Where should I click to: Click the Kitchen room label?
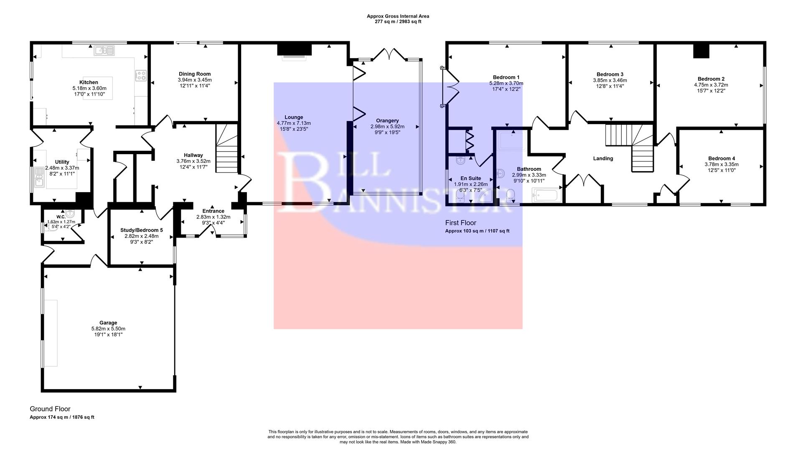point(89,82)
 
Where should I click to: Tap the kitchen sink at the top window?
point(104,51)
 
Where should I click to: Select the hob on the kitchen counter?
point(141,75)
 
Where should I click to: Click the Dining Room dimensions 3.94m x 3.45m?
point(195,80)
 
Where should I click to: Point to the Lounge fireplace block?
point(295,49)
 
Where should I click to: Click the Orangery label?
point(387,121)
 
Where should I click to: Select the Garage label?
point(108,323)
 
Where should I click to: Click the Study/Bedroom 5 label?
point(142,230)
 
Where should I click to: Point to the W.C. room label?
point(61,217)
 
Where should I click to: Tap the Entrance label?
point(213,211)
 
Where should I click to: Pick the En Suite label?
point(470,178)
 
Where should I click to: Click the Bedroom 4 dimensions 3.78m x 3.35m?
point(721,164)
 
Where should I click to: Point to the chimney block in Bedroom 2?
point(701,51)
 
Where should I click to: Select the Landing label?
point(603,159)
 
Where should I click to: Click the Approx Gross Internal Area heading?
point(398,16)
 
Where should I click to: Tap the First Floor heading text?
point(460,223)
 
